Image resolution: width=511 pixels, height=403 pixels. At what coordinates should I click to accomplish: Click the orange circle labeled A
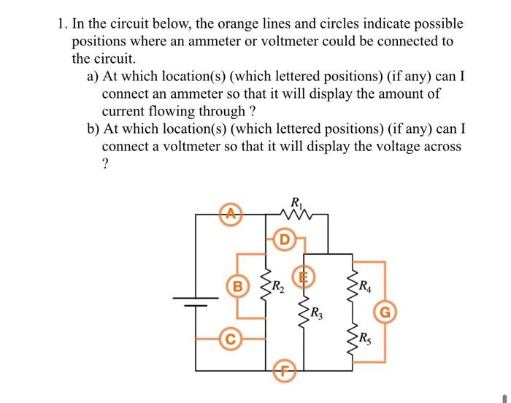click(x=231, y=215)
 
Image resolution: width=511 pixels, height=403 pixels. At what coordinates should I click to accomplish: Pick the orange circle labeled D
click(x=285, y=239)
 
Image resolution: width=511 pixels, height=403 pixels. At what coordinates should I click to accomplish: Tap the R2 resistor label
click(x=281, y=285)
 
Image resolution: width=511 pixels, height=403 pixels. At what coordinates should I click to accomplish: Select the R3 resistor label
click(x=316, y=315)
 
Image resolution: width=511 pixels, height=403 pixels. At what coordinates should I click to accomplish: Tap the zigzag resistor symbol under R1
click(x=296, y=215)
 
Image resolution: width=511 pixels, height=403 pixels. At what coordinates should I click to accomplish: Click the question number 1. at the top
click(x=64, y=24)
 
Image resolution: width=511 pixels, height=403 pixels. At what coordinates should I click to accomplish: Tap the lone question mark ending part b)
click(x=106, y=165)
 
